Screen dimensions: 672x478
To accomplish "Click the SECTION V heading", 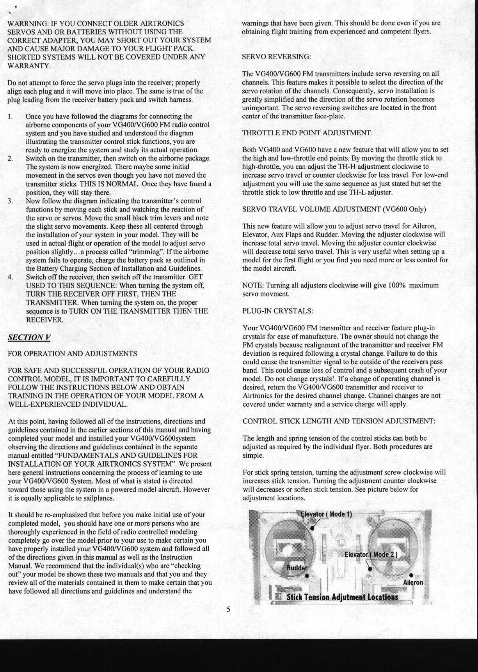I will tap(29, 337).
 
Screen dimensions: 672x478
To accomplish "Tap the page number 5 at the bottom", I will tap(228, 609).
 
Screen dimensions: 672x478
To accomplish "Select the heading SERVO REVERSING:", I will tap(276, 57).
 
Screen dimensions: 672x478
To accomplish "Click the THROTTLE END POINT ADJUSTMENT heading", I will tap(307, 133).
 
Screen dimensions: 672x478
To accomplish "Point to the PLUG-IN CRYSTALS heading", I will tap(277, 311).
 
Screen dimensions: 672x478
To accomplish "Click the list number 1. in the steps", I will tap(11, 116).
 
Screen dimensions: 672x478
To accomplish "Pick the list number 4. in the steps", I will tap(11, 277).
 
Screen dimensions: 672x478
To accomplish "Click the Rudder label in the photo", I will tap(297, 568).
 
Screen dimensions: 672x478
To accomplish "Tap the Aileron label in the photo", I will tap(413, 582).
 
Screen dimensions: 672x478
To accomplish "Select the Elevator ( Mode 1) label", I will tap(326, 514).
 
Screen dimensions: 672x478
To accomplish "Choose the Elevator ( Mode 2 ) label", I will tap(371, 554).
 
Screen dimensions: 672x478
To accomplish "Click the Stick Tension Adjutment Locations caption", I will tap(342, 597).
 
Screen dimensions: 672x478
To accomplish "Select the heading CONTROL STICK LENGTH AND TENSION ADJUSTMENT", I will tap(339, 421).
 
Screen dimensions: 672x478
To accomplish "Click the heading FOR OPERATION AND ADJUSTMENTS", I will tap(73, 354).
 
